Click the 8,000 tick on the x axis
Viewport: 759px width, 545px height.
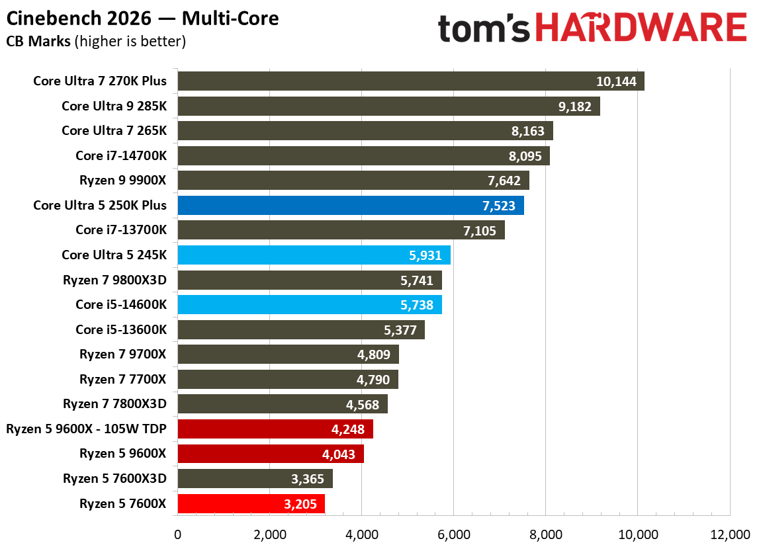click(545, 534)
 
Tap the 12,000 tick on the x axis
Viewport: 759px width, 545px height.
click(729, 534)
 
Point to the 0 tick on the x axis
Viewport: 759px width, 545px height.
click(177, 534)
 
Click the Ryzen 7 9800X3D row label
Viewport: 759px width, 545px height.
click(114, 280)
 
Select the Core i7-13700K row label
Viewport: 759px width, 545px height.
click(121, 230)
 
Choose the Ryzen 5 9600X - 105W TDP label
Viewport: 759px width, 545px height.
click(86, 429)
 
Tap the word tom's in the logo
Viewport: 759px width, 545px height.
click(484, 28)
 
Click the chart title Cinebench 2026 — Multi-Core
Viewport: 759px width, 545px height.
click(142, 18)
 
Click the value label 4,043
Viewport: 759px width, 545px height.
click(339, 454)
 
